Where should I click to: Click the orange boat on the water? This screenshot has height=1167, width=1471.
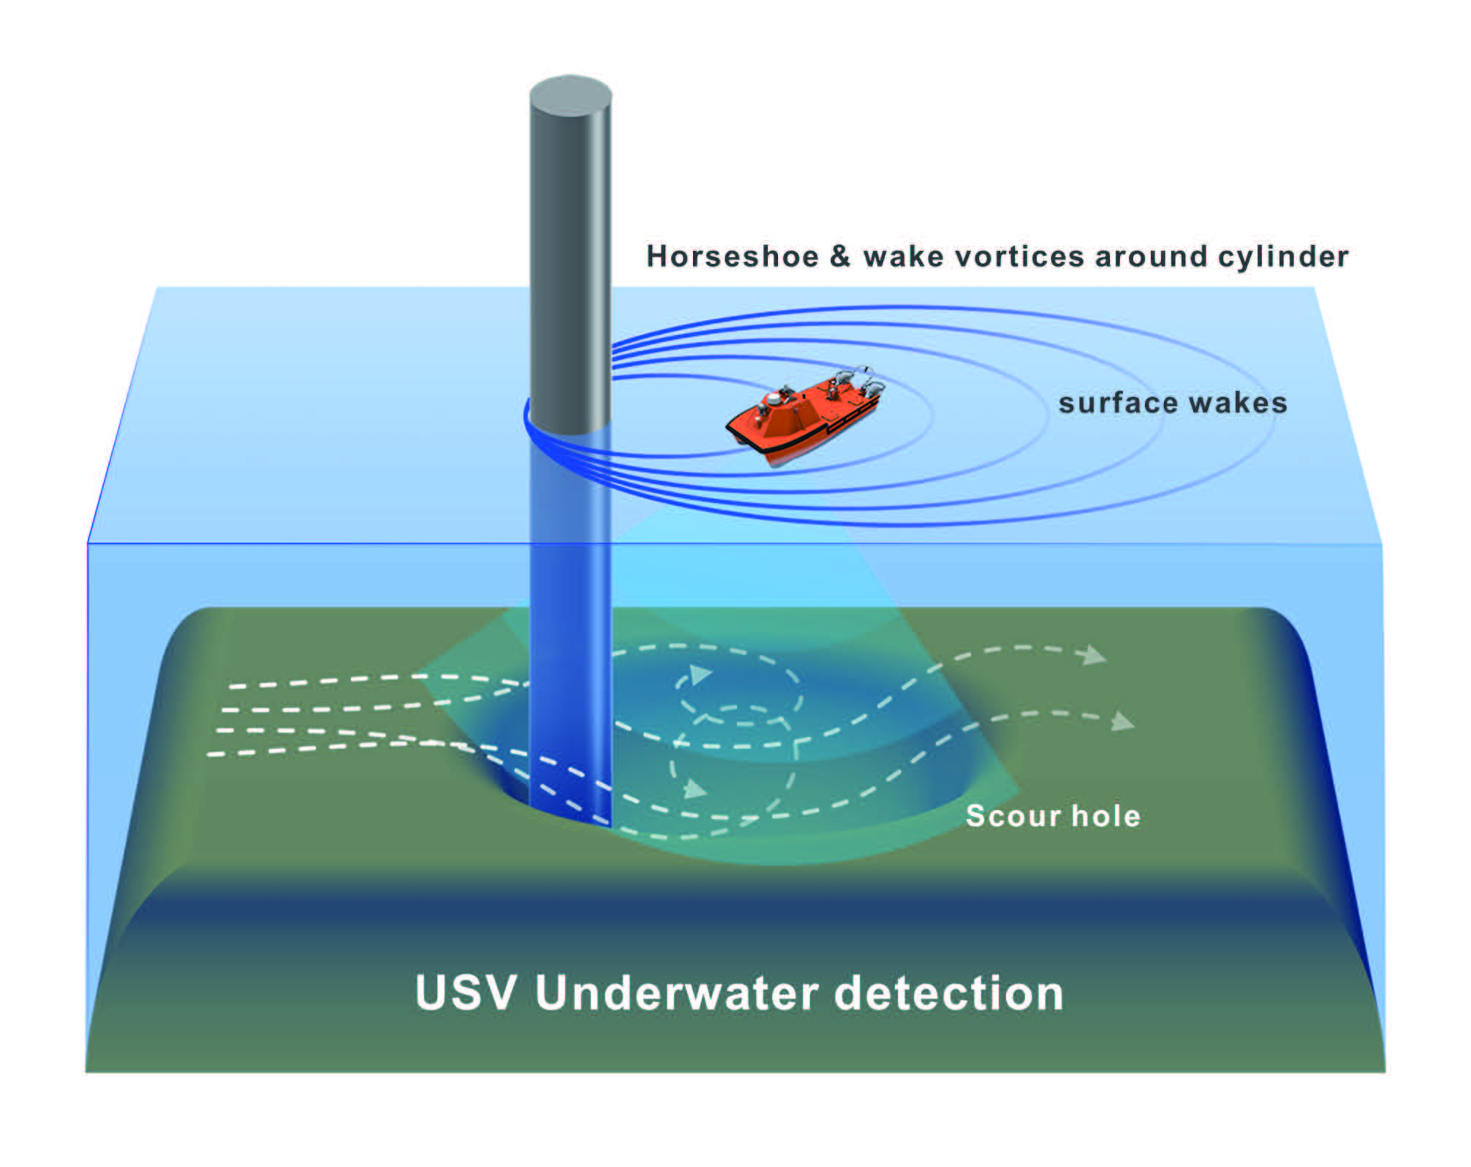(804, 417)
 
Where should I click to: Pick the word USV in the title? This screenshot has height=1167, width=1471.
(466, 993)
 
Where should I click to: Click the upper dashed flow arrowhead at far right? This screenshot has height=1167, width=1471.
(1094, 655)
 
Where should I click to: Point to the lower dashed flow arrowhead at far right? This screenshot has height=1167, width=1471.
(1123, 722)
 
